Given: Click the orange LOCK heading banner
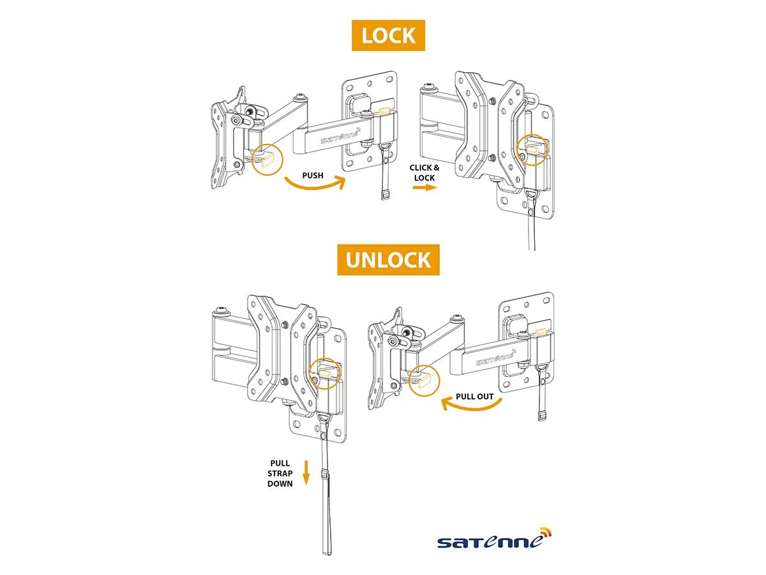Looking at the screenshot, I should pyautogui.click(x=388, y=35).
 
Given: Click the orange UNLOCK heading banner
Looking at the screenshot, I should pyautogui.click(x=388, y=260).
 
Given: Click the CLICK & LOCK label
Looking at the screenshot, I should pyautogui.click(x=424, y=172).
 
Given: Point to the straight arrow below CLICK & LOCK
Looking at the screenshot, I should pyautogui.click(x=424, y=188).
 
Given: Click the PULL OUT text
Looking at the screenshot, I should pyautogui.click(x=474, y=396).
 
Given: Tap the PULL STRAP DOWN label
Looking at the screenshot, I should pyautogui.click(x=281, y=473).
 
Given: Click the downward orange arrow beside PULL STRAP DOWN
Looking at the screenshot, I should pyautogui.click(x=306, y=473).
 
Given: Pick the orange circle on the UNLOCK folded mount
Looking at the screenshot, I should pyautogui.click(x=325, y=372).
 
